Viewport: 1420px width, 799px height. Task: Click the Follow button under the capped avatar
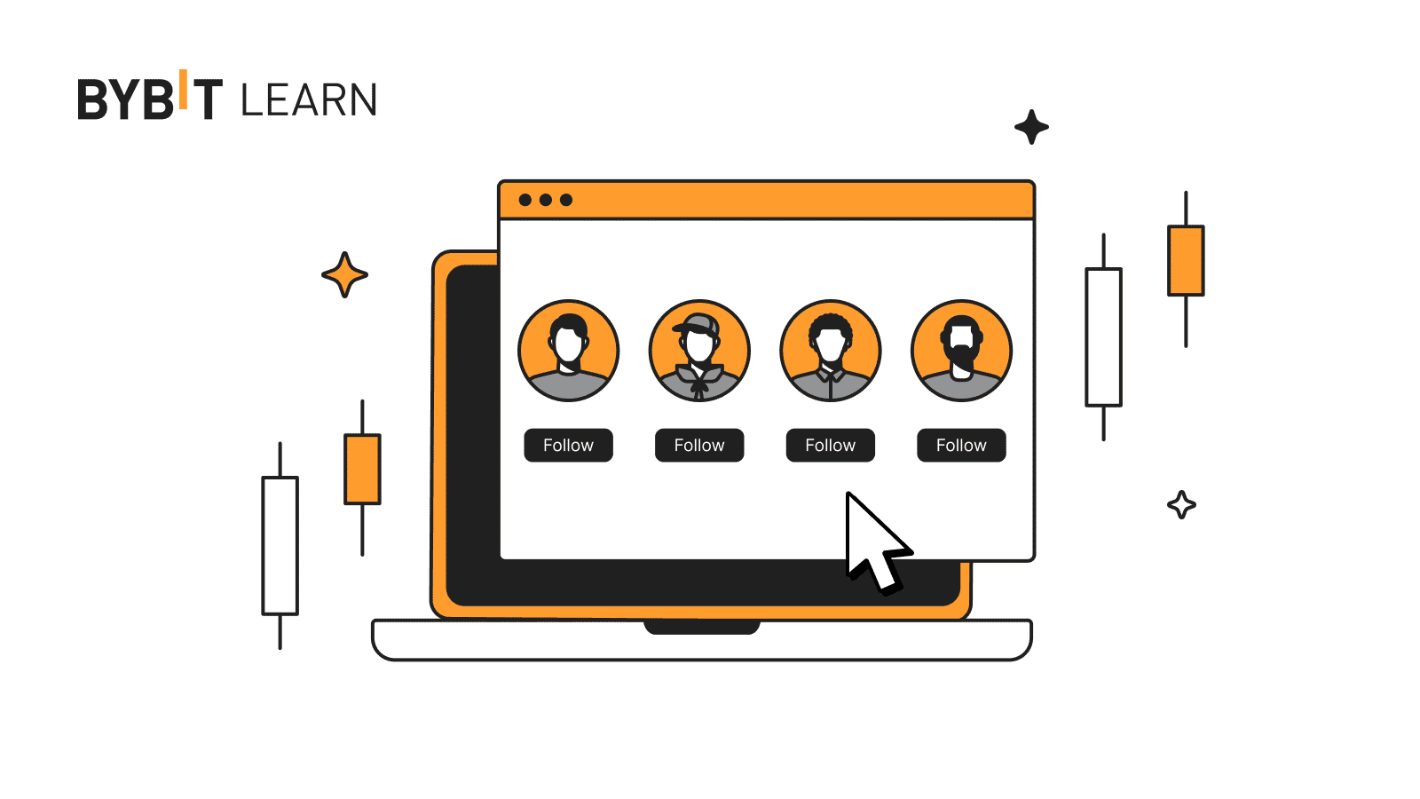coord(699,445)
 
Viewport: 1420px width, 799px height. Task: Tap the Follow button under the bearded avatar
coord(961,445)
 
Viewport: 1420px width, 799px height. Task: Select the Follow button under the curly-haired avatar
coord(830,445)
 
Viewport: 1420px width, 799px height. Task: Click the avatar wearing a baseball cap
coord(699,350)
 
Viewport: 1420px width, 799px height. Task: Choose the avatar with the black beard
coord(961,350)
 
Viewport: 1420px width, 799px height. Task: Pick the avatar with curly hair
coord(830,350)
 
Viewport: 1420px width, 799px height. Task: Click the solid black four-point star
coord(1031,127)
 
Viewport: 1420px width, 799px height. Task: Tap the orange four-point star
coord(344,274)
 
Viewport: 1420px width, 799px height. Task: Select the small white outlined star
coord(1181,505)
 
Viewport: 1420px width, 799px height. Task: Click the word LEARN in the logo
coord(309,100)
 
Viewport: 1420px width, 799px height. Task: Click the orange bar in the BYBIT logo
coord(184,89)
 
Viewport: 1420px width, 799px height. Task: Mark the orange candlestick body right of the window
coord(1186,260)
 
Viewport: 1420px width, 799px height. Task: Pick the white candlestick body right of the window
coord(1103,337)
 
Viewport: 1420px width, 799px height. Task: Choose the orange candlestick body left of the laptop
coord(362,469)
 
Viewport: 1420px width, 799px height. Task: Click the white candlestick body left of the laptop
coord(280,545)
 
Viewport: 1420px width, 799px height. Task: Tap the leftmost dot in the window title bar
coord(525,200)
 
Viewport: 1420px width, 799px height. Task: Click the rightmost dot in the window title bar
coord(566,200)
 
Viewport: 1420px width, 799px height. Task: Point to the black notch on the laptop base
coord(701,628)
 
